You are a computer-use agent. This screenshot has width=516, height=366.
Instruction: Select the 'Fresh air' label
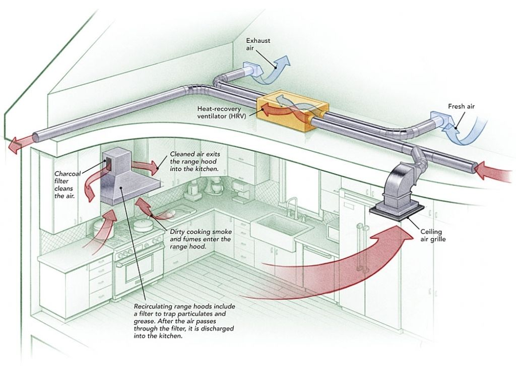(461, 106)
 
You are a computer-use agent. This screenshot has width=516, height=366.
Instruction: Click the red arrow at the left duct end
(17, 145)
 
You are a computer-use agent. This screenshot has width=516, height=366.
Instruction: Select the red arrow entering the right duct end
(495, 169)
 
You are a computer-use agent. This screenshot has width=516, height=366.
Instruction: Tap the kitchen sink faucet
(296, 207)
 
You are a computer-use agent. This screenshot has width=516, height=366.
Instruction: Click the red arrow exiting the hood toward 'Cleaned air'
(146, 165)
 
